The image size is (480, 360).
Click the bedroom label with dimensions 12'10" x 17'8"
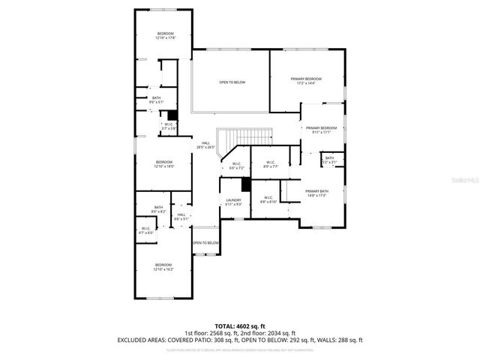pyautogui.click(x=165, y=36)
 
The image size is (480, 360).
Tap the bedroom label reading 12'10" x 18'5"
pyautogui.click(x=164, y=164)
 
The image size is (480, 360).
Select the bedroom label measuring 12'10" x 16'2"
pyautogui.click(x=163, y=266)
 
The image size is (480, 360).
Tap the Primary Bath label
pyautogui.click(x=316, y=193)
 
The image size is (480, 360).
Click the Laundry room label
pyautogui.click(x=233, y=202)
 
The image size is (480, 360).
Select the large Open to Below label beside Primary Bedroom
pyautogui.click(x=232, y=82)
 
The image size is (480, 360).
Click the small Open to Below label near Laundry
pyautogui.click(x=205, y=243)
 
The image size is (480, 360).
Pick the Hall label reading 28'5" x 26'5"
pyautogui.click(x=205, y=145)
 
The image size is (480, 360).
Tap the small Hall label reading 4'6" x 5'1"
pyautogui.click(x=181, y=217)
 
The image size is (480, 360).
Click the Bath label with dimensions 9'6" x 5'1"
pyautogui.click(x=156, y=99)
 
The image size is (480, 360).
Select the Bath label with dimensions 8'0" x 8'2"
pyautogui.click(x=158, y=209)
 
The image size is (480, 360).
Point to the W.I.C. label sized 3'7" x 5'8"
pyautogui.click(x=169, y=127)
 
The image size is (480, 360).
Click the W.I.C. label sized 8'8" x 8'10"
pyautogui.click(x=268, y=200)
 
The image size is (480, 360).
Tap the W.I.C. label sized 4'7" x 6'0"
pyautogui.click(x=145, y=231)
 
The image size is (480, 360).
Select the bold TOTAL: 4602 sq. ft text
pyautogui.click(x=239, y=325)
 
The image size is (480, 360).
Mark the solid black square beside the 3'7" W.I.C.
pyautogui.click(x=171, y=115)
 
